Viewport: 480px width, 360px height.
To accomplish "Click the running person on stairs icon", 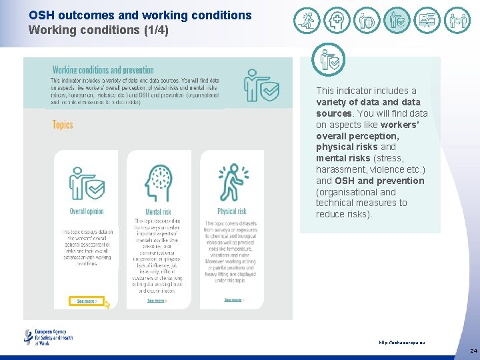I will [x=307, y=21].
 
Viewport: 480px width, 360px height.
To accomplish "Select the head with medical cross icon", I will [x=337, y=21].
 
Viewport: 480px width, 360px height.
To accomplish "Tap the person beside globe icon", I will [x=367, y=21].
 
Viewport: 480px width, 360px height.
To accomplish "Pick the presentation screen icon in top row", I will [x=427, y=21].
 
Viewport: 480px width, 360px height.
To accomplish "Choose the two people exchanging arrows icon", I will [x=457, y=21].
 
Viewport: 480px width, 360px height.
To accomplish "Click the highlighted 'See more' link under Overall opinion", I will [x=87, y=301].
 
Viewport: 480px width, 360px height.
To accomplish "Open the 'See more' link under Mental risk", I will [x=157, y=301].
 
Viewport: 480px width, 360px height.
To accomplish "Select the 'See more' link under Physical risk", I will [x=233, y=301].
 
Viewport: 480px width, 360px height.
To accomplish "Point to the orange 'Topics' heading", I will [x=63, y=125].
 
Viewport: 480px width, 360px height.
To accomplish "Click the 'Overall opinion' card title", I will [x=87, y=211].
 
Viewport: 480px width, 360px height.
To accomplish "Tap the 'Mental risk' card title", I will [x=158, y=212].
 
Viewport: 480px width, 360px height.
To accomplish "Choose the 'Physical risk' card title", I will [x=232, y=211].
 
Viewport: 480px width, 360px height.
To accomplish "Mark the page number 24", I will [x=473, y=350].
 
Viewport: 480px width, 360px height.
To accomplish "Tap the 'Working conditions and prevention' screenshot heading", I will [x=103, y=70].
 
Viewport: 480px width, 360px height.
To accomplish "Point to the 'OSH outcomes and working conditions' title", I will [x=140, y=15].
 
